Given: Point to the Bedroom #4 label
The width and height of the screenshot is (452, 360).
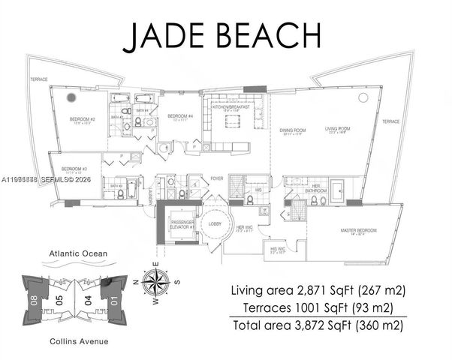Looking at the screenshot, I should click(x=178, y=116).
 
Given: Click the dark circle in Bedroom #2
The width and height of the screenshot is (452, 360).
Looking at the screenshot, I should click(x=72, y=97).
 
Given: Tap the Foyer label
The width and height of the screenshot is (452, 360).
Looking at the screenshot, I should click(x=217, y=178).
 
